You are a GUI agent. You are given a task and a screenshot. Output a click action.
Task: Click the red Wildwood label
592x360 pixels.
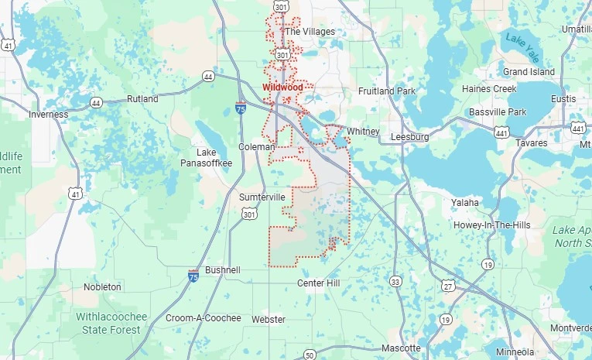(x=282, y=88)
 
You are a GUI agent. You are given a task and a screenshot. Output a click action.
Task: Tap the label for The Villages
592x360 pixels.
(x=310, y=32)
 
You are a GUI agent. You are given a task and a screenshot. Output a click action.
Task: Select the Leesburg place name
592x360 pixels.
(x=411, y=136)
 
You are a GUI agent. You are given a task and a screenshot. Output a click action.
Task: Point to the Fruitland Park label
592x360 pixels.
(x=387, y=91)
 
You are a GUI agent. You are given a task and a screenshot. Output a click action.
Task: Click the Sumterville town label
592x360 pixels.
(x=262, y=197)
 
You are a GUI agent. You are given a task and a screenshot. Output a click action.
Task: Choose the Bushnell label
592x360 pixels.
(x=223, y=270)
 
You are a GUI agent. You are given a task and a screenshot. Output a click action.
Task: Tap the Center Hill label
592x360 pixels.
(x=319, y=283)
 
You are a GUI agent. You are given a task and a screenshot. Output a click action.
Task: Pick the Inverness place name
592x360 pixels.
(x=49, y=115)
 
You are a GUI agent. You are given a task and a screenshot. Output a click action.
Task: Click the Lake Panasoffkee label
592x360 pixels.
(x=214, y=157)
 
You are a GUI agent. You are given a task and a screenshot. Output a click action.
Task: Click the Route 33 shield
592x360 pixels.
(x=396, y=281)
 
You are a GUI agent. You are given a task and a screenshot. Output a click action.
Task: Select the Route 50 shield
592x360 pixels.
(x=310, y=355)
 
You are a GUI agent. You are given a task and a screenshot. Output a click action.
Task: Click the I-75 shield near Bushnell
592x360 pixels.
(x=193, y=275)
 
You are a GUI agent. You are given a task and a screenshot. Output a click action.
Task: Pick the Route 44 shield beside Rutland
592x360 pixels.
(x=96, y=102)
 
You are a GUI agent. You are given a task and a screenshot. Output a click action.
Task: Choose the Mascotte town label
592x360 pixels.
(x=401, y=348)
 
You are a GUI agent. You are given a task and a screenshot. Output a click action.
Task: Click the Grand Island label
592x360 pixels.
(x=529, y=72)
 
